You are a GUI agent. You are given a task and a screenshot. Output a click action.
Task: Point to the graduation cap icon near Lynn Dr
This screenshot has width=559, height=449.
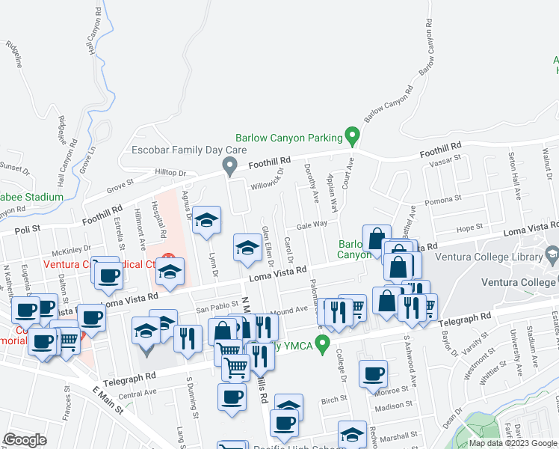pyautogui.click(x=207, y=220)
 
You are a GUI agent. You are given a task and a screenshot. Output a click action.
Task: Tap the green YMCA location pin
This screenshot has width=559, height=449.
pyautogui.click(x=323, y=345)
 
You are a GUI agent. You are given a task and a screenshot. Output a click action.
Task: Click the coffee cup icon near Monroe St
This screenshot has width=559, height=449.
pyautogui.click(x=372, y=373)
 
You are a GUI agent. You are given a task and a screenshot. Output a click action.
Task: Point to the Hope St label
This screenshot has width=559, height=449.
pyautogui.click(x=469, y=227)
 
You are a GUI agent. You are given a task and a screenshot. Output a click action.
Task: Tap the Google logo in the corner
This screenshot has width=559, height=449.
pyautogui.click(x=25, y=440)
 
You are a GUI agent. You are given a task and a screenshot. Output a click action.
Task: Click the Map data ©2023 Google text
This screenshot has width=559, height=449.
pyautogui.click(x=513, y=443)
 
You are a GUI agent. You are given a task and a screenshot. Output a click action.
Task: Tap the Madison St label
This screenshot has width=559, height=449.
pyautogui.click(x=394, y=406)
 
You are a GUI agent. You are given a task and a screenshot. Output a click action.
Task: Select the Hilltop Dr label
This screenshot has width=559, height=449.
pyautogui.click(x=170, y=173)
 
